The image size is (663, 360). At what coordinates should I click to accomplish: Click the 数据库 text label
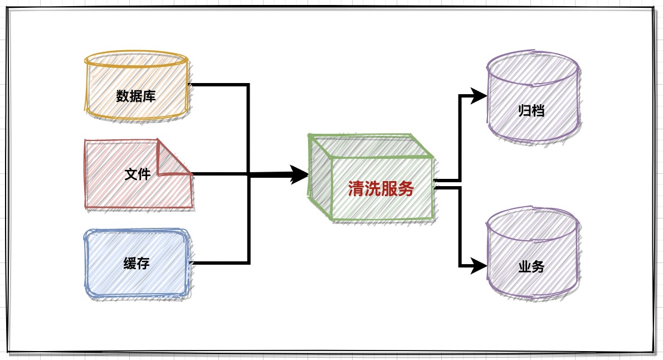pos(136,96)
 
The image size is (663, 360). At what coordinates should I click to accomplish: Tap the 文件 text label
pos(138,174)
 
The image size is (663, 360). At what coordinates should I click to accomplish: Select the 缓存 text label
pos(136,263)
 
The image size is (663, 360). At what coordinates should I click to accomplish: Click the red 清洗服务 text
pos(381,189)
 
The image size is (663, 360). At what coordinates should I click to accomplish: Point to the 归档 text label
pos(532,111)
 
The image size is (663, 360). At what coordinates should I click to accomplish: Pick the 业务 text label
pos(532,266)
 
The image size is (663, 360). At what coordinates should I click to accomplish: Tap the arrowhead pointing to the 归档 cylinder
pos(479,96)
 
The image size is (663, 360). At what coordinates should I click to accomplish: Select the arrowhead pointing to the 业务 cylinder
pos(479,266)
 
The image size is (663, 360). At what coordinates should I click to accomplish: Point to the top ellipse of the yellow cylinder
pos(136,60)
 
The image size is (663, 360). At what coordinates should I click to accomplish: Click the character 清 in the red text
pos(356,189)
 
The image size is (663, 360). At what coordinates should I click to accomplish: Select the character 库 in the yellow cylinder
pos(149,96)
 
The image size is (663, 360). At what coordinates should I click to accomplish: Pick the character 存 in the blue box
pos(144,263)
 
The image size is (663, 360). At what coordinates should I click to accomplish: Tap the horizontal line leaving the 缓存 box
pos(220,263)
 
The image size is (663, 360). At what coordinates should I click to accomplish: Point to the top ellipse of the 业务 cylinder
pos(533,224)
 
